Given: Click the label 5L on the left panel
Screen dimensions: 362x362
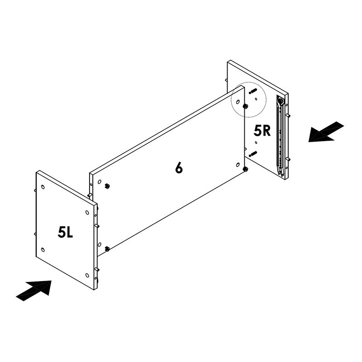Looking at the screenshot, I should click(65, 233).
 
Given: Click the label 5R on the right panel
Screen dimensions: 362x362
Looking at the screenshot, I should click(262, 131).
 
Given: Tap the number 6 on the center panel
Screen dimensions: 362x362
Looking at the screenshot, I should click(179, 168).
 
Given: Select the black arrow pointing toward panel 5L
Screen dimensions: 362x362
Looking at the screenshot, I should click(34, 289).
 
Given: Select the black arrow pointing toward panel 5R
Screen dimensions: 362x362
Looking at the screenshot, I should click(326, 132).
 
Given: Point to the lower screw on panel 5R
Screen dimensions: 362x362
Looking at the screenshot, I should click(252, 154).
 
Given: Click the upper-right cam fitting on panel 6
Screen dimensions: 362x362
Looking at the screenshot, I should click(245, 106).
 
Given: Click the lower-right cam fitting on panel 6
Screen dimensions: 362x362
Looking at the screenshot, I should click(245, 169).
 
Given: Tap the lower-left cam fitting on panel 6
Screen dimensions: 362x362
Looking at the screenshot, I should click(107, 248).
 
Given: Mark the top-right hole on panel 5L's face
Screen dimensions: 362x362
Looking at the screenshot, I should click(86, 212).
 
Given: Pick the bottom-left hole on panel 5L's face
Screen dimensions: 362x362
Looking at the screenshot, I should click(43, 249).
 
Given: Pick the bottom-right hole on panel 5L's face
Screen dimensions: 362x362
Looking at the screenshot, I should click(86, 275).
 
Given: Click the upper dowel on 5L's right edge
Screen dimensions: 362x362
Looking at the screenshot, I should click(97, 225).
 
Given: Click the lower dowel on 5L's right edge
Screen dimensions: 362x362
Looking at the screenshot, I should click(97, 270).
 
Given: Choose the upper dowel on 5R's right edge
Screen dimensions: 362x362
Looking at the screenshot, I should click(288, 115).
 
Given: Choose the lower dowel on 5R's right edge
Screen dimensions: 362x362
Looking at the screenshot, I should click(288, 159).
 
